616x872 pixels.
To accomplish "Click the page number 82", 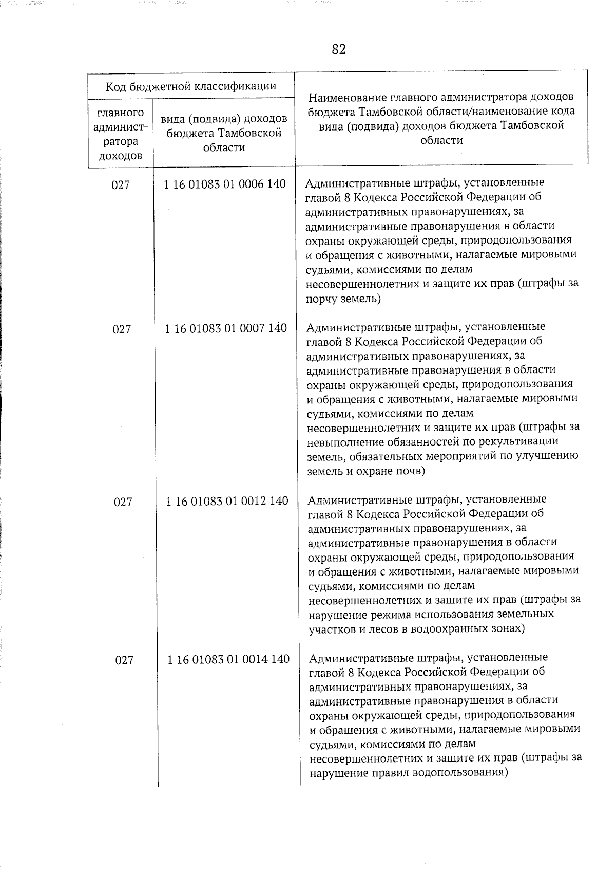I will coord(339,49).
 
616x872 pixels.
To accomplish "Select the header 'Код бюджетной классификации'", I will coord(191,86).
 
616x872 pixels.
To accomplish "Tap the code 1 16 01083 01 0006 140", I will coord(225,184).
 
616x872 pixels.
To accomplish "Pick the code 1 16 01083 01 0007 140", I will coord(226,328).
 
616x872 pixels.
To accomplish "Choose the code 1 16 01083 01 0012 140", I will coord(227,500).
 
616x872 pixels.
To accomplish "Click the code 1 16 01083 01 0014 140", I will coord(228,659).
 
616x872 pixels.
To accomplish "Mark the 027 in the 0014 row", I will coord(124,660).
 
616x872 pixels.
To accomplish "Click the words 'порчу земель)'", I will coord(343,299).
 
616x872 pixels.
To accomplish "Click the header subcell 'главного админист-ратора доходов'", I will coord(120,134).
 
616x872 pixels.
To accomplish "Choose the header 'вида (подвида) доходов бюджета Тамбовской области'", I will coord(224,133).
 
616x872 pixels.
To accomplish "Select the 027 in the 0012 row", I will coord(123,502).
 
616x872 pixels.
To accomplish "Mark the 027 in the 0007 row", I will coord(122,329).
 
